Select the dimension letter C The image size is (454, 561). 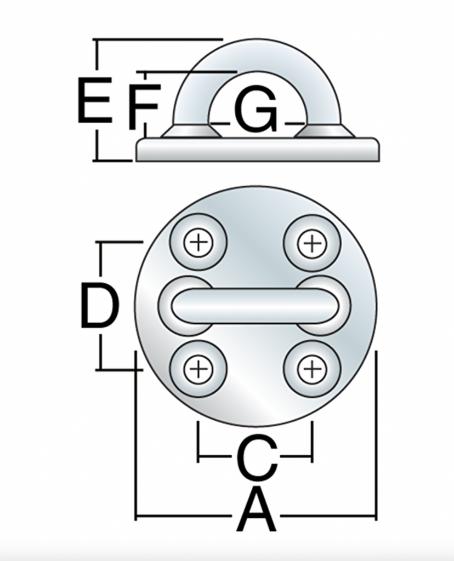257,457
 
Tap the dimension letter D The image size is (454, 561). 99,305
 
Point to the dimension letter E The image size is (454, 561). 95,100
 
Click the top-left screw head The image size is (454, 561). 198,243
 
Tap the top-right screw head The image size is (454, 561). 312,243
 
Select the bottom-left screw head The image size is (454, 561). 198,369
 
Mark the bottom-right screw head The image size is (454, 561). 312,369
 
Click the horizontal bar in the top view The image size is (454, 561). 255,306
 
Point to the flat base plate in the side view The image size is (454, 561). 257,149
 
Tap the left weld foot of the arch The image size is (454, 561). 191,131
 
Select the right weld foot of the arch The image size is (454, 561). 325,131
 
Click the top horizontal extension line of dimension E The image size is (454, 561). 157,39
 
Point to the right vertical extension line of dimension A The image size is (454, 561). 376,436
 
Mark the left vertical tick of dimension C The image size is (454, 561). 198,442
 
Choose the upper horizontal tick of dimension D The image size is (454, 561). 119,243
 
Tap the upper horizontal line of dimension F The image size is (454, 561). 186,72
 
